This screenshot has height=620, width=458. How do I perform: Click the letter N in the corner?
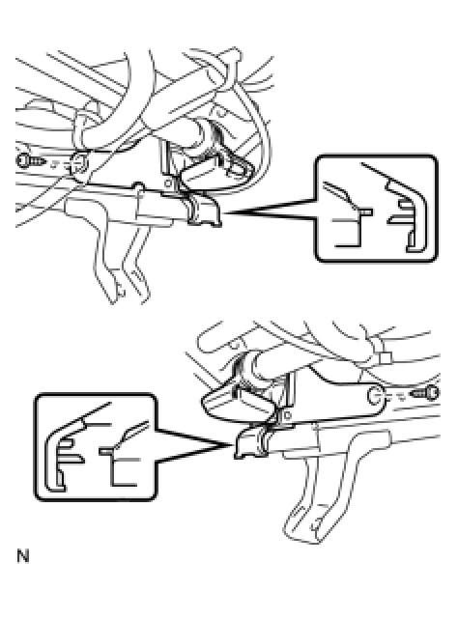tap(23, 556)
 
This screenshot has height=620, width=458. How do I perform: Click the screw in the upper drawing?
tap(31, 161)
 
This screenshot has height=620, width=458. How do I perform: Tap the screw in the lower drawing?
tap(424, 393)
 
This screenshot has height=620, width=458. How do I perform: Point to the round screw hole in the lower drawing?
tap(375, 396)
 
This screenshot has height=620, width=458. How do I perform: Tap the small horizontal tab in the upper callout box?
tap(365, 212)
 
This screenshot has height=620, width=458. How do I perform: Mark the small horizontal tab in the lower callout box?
tap(106, 451)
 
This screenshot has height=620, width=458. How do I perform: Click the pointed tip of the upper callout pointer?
tap(224, 212)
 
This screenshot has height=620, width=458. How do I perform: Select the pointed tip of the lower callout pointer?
tap(232, 445)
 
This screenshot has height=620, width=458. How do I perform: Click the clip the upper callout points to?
tap(203, 210)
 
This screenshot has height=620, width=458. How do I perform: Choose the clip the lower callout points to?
tap(251, 443)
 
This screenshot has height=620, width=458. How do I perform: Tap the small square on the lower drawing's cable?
tap(385, 358)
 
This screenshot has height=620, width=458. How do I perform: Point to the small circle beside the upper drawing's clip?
tap(168, 183)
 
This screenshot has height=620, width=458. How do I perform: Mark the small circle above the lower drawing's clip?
tap(288, 415)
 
